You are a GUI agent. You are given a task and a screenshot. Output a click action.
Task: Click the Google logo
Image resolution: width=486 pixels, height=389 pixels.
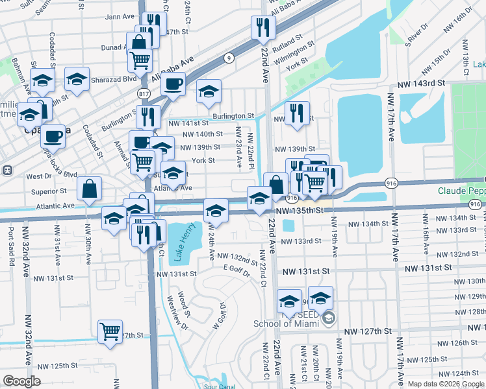coord(21,381)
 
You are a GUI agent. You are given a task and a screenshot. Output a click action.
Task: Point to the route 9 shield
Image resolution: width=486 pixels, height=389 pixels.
coord(229,58)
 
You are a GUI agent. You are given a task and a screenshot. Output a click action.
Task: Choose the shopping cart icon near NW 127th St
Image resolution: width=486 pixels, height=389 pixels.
coord(110,331)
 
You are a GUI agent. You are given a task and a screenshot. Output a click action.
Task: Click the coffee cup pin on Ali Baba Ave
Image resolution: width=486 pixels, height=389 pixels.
coord(173,84)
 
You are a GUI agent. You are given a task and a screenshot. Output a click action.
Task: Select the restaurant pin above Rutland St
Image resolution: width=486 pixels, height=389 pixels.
coord(263,27)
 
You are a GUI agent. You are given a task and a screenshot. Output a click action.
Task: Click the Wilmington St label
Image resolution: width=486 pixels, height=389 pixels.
coord(294,56)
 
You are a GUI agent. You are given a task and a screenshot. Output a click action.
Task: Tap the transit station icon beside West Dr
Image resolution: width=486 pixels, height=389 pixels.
coord(7,171)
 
